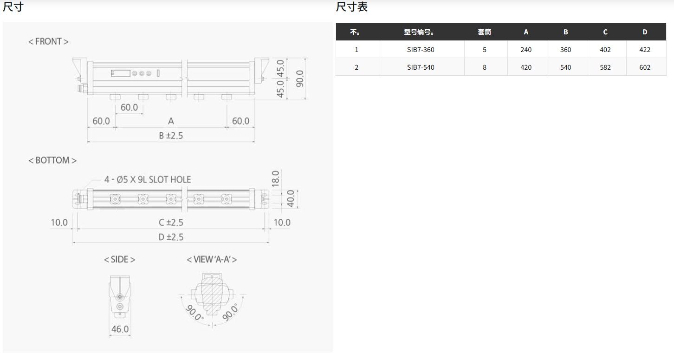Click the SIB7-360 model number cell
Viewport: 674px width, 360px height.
pos(421,50)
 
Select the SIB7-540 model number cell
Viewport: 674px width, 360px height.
pos(421,67)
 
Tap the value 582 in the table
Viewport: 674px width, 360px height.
pos(605,67)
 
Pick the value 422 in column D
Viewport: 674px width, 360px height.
pos(645,50)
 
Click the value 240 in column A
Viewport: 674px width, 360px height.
pos(526,50)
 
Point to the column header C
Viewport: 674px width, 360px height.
pos(605,32)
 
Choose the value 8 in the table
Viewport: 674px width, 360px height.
pos(485,67)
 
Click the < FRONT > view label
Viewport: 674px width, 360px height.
pos(48,41)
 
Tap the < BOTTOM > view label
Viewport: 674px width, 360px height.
pos(52,160)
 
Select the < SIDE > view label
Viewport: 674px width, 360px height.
pos(119,259)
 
